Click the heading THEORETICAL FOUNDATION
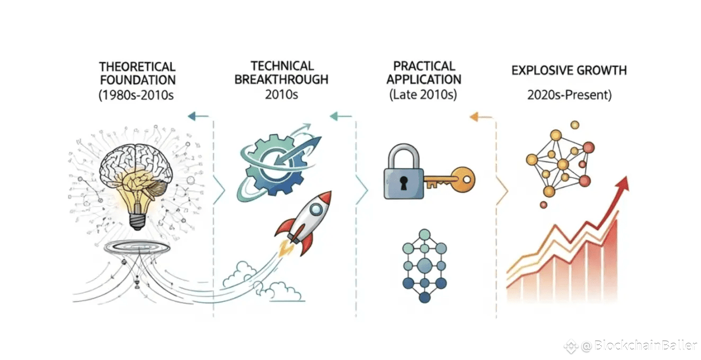point(137,74)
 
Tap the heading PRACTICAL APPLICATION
point(423,73)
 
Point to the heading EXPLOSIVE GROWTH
point(569,70)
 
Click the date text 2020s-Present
point(570,95)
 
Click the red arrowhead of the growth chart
point(623,183)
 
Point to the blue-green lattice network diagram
point(424,265)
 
